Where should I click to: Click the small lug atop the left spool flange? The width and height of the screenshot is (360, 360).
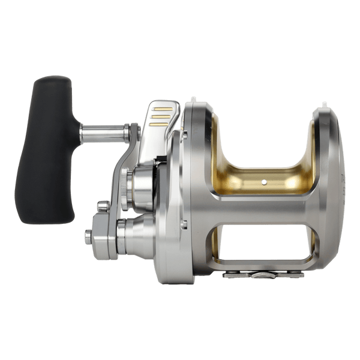tap(193, 100)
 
